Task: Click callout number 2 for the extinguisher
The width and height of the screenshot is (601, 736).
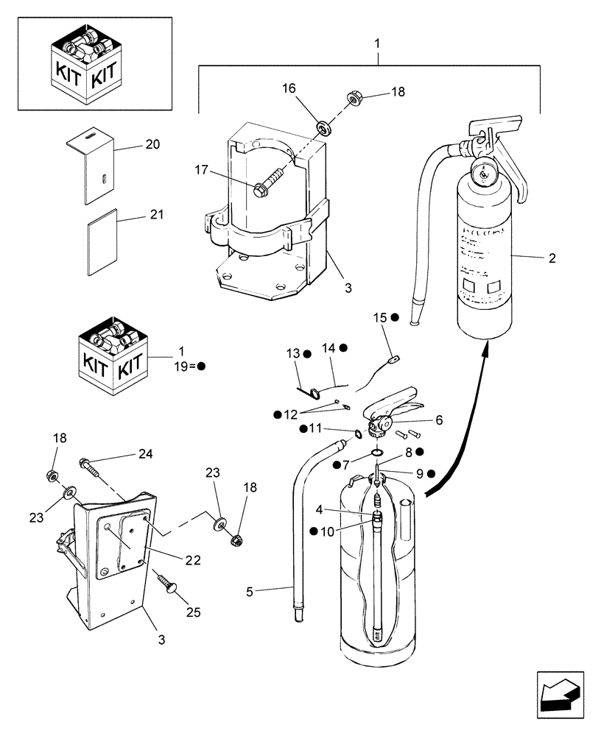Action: click(552, 258)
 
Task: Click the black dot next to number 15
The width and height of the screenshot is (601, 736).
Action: click(395, 317)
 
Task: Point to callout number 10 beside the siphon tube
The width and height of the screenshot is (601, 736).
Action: click(326, 531)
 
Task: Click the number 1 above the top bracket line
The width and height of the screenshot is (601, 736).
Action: click(377, 45)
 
